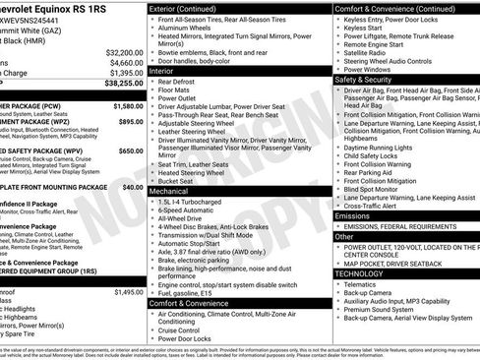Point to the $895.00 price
(x=131, y=121)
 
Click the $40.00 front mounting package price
(x=133, y=186)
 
